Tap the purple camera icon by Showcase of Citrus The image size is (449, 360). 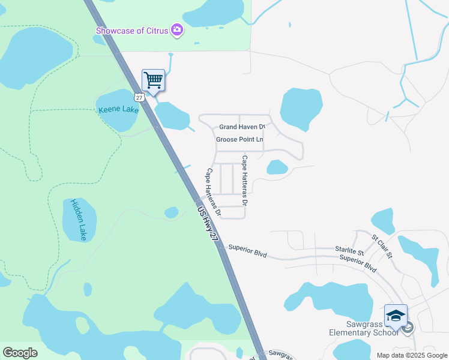pyautogui.click(x=176, y=29)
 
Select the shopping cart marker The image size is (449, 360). pyautogui.click(x=153, y=80)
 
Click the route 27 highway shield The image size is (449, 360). pyautogui.click(x=139, y=97)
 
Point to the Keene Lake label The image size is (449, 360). pyautogui.click(x=118, y=110)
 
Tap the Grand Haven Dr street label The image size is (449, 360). pyautogui.click(x=242, y=127)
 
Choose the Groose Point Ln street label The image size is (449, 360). pyautogui.click(x=240, y=140)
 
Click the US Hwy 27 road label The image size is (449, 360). pyautogui.click(x=208, y=223)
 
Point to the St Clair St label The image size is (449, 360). pyautogui.click(x=381, y=245)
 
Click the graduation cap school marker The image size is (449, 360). pyautogui.click(x=396, y=316)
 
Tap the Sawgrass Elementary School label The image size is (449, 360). pyautogui.click(x=364, y=328)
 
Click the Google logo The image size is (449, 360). pyautogui.click(x=20, y=353)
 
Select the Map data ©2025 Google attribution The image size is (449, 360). pyautogui.click(x=412, y=355)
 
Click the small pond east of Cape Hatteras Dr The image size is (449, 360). pyautogui.click(x=277, y=167)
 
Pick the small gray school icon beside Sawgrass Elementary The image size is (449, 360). pyautogui.click(x=408, y=328)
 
